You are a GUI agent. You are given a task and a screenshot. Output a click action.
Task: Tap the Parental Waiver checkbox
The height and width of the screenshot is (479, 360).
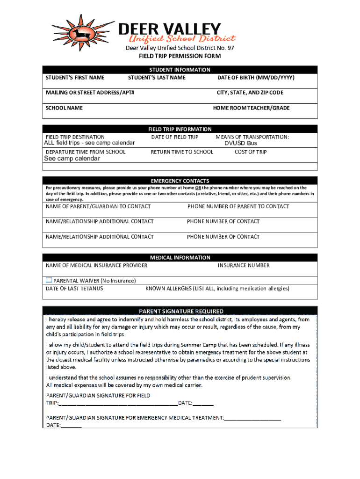49,280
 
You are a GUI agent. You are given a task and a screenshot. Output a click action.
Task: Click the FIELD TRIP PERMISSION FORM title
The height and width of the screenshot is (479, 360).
180,56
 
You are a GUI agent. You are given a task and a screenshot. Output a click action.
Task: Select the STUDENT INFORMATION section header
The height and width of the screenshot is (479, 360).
180,70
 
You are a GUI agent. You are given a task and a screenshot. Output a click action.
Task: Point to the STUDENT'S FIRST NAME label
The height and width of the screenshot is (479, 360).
75,78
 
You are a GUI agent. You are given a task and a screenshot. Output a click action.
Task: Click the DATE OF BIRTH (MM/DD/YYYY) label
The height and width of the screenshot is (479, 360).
256,78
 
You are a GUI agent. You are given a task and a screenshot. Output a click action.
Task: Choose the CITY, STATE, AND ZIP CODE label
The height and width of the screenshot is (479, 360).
250,93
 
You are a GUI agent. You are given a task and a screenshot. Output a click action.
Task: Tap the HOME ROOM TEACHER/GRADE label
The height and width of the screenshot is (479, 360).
251,108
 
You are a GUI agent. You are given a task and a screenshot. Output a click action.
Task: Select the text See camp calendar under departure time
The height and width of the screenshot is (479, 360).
72,159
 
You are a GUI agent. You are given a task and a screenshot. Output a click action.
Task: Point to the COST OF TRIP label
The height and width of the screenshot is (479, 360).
251,152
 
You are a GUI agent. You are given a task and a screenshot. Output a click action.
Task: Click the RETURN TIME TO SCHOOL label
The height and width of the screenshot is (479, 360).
182,152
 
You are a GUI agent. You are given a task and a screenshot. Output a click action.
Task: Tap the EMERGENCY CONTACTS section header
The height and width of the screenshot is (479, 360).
180,181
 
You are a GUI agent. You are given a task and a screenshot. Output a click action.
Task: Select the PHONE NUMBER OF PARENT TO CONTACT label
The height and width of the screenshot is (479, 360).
238,206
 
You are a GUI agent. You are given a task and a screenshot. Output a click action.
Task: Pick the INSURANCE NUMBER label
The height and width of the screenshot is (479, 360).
244,265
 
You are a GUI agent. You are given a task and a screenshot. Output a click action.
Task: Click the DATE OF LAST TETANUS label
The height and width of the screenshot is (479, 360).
74,289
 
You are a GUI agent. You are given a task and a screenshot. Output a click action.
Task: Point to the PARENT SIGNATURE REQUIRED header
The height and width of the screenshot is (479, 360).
181,311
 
